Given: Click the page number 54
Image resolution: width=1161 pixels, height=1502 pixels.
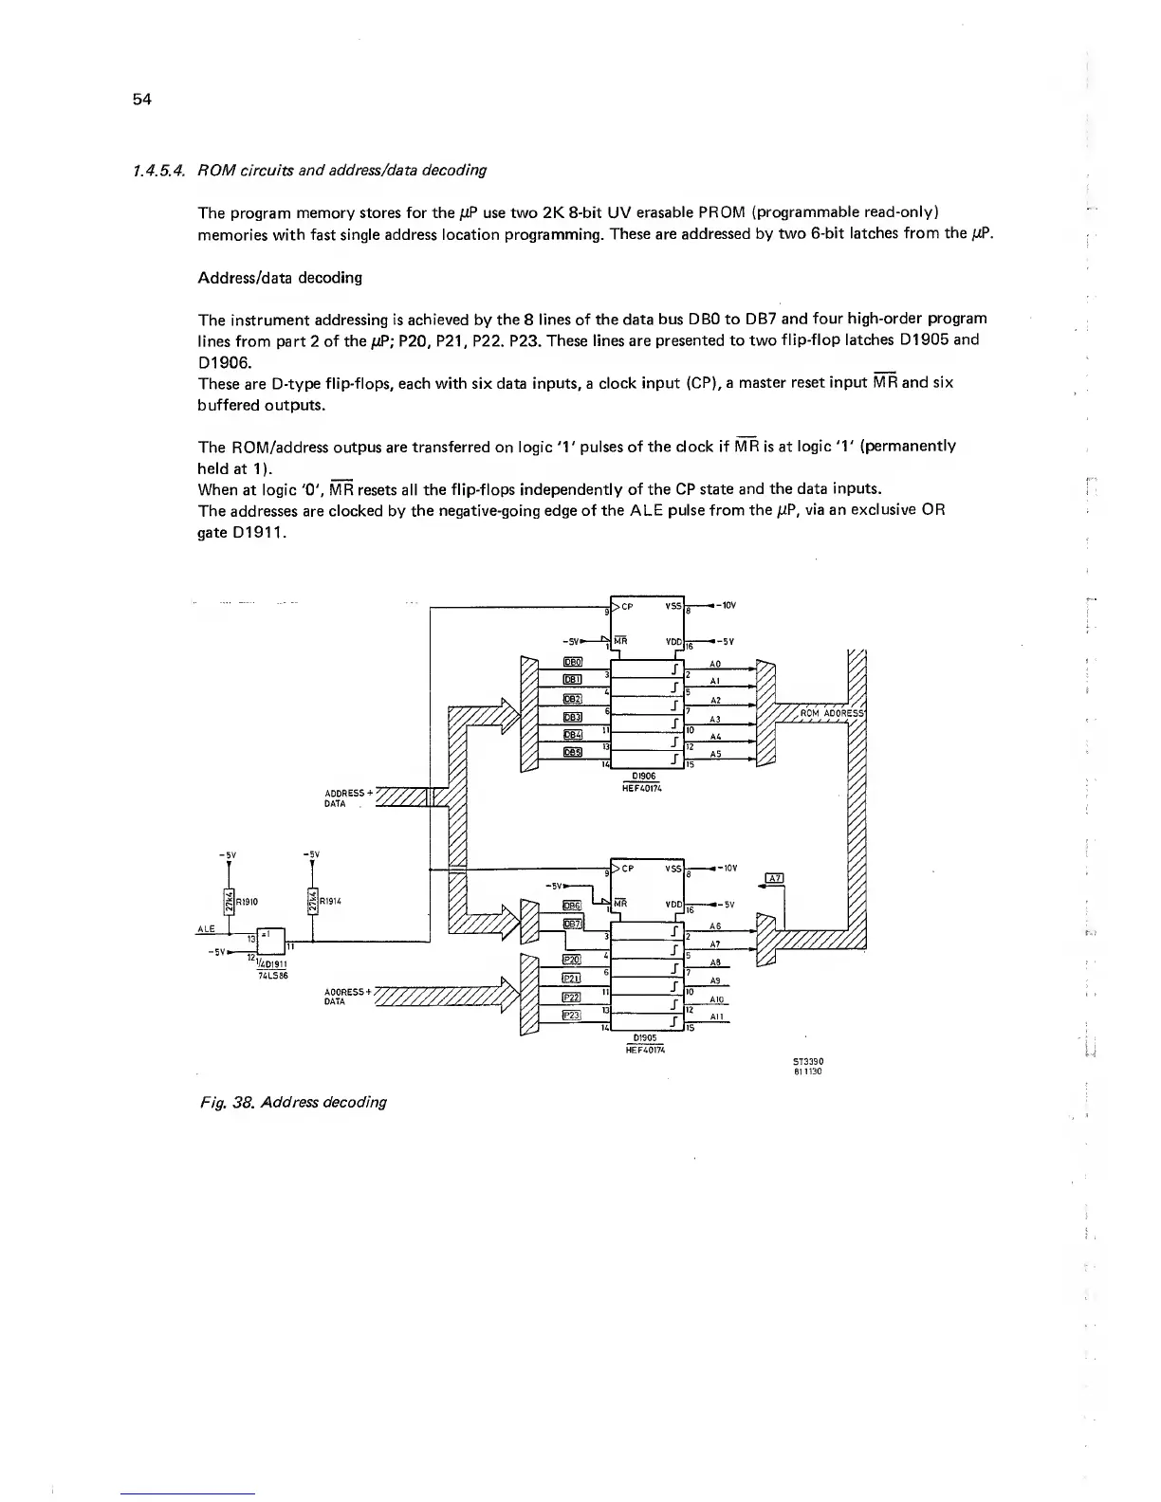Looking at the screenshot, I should pos(142,99).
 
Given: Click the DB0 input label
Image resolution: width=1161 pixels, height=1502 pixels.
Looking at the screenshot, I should pos(572,662).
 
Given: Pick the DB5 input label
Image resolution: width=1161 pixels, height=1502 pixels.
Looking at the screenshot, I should pos(572,753).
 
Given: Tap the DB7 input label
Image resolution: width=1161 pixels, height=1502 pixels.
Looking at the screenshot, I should pos(572,924).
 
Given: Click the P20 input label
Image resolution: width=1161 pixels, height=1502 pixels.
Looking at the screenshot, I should pos(571,960).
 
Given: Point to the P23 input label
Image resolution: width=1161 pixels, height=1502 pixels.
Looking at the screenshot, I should pos(571,1015).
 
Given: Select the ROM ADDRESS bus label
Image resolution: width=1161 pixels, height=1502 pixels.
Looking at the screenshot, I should pos(830,713).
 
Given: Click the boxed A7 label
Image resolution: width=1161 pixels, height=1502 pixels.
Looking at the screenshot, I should pos(774,877).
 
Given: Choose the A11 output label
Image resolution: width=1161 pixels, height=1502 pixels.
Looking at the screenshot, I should pos(717,1017).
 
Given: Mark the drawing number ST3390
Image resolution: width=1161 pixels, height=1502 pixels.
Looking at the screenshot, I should pos(807,1062).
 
